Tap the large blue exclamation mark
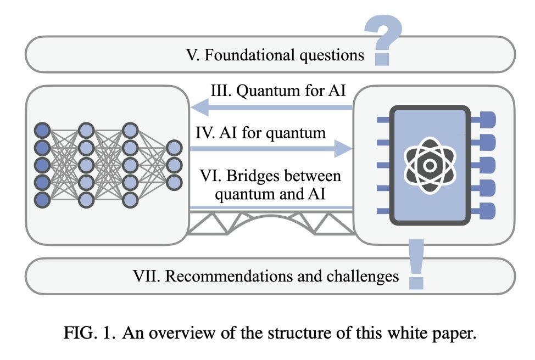[x=416, y=264]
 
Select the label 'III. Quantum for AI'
[x=278, y=91]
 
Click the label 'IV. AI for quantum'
[x=261, y=133]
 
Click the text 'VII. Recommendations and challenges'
[x=266, y=276]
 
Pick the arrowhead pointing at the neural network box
[x=199, y=108]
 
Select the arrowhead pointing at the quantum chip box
[x=343, y=149]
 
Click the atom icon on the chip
[x=430, y=165]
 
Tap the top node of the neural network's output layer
[x=174, y=148]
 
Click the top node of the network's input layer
[x=42, y=131]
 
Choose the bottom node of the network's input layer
[x=42, y=200]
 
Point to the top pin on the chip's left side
[x=383, y=120]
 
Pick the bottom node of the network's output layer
[x=174, y=182]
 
